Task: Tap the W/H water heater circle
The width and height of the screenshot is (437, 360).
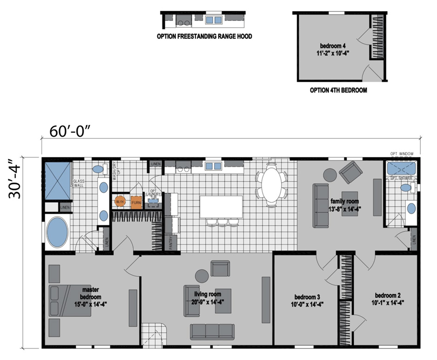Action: point(120,202)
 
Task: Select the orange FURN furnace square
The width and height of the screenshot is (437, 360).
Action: point(136,203)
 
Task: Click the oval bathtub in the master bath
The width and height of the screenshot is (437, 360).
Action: point(58,232)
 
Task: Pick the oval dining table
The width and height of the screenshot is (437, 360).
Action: point(271,184)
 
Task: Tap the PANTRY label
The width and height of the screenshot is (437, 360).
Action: point(171,243)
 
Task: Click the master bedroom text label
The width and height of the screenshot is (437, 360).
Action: point(90,293)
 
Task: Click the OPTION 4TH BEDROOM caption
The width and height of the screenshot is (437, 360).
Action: point(338,91)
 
